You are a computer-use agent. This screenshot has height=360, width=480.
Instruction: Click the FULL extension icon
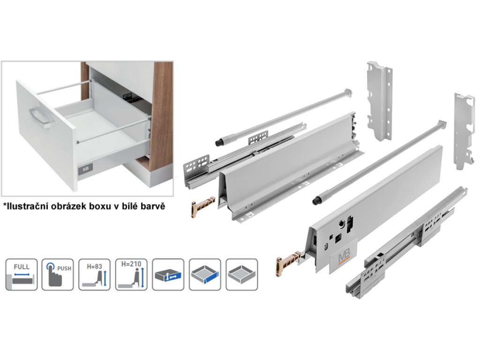coord(22,274)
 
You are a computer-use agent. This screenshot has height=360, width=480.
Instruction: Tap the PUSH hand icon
coord(58,274)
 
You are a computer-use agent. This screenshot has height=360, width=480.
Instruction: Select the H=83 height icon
coord(95,274)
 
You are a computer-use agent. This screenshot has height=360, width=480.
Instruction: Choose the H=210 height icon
coord(131,274)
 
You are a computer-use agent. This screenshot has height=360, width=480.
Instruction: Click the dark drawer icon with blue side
coord(168,274)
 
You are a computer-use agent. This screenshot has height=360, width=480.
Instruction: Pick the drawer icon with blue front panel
coord(205,274)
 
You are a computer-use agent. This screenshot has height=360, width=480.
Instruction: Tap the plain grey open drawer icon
coord(241,274)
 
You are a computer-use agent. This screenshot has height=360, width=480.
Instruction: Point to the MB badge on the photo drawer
coord(85,169)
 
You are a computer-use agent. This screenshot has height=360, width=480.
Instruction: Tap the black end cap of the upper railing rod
coord(219,142)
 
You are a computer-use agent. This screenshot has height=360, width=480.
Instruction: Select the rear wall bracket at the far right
coord(464,131)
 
